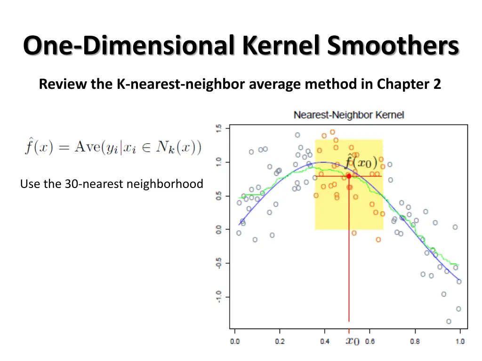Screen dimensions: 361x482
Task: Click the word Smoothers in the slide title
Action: (x=393, y=47)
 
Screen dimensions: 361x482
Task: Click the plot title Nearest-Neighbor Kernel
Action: (x=349, y=115)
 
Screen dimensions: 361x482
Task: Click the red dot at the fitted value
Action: (x=349, y=176)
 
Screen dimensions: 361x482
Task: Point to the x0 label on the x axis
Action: (x=353, y=341)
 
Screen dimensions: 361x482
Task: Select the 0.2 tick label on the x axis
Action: (x=280, y=342)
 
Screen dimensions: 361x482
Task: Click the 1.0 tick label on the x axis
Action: (x=460, y=342)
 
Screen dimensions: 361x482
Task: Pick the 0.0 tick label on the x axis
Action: (x=235, y=342)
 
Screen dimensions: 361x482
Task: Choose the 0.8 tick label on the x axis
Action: (x=415, y=342)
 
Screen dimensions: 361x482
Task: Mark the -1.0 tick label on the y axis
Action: (x=219, y=297)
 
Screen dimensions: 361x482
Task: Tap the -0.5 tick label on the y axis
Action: (x=219, y=263)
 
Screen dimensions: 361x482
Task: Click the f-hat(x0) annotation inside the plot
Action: (x=361, y=162)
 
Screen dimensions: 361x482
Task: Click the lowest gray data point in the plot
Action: (x=449, y=322)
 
